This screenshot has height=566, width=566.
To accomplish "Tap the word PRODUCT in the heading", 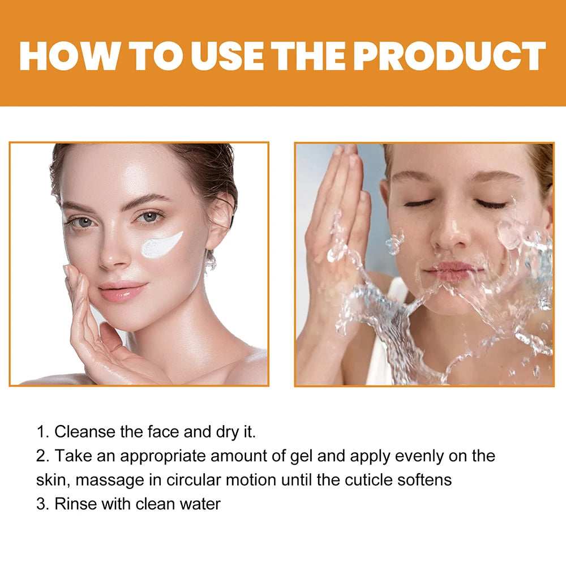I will point(451,56).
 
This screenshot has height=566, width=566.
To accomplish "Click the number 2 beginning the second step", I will point(41,456).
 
